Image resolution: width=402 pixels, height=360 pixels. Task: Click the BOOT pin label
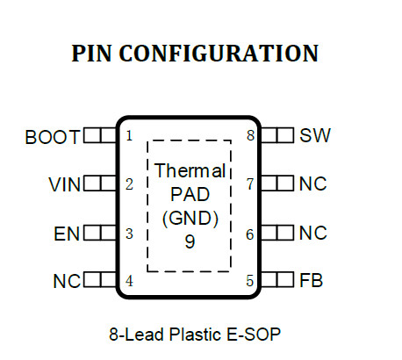(x=52, y=137)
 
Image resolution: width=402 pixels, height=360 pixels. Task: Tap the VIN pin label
(x=64, y=184)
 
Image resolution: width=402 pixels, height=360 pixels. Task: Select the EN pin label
(x=67, y=234)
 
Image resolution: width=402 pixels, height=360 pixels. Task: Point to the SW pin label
(x=315, y=135)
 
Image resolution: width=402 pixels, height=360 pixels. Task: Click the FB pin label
(x=311, y=280)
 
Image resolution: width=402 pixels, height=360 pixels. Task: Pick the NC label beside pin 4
(x=67, y=281)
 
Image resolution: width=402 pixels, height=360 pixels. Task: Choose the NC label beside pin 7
(x=312, y=184)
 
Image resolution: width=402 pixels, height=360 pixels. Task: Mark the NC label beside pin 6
(x=312, y=233)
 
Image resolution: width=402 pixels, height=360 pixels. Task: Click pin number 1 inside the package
(x=129, y=136)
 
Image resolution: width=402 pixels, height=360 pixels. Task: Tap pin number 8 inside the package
(x=250, y=135)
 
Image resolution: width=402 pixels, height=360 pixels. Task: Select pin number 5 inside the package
(x=249, y=281)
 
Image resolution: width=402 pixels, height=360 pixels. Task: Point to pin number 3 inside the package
(x=129, y=234)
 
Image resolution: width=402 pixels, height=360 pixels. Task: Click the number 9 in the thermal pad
(x=190, y=241)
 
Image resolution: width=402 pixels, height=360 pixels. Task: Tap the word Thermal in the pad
(x=190, y=170)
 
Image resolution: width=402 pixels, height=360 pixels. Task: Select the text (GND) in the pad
(x=190, y=219)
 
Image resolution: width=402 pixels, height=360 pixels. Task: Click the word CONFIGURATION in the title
(x=219, y=54)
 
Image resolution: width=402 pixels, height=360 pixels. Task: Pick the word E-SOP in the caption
(x=254, y=335)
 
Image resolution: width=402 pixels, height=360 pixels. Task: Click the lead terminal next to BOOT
(x=100, y=135)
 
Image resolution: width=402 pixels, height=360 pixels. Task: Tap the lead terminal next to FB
(x=277, y=279)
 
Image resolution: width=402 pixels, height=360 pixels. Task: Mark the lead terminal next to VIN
(x=100, y=184)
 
